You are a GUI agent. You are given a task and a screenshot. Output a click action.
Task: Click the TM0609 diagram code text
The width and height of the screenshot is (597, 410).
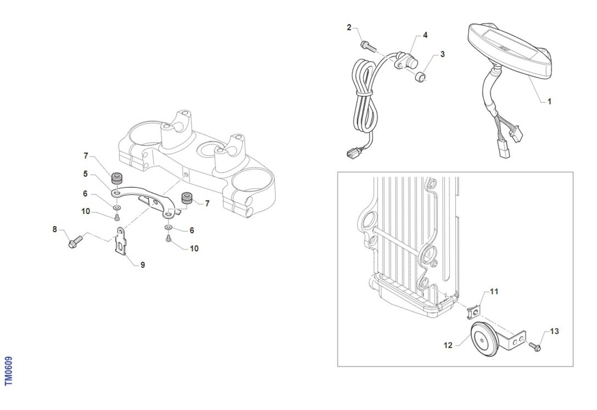tap(8, 371)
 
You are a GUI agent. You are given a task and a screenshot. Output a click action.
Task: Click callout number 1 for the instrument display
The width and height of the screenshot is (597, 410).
tap(549, 101)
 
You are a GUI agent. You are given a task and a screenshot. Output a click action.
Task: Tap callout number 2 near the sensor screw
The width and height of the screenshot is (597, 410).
tap(349, 27)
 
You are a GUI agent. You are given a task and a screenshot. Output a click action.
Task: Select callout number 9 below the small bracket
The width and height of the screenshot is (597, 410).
tap(143, 265)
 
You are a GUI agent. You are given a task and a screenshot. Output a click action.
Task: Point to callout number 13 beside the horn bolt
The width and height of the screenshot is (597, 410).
tap(554, 331)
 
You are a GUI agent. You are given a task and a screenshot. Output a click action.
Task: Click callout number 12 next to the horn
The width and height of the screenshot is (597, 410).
tap(448, 345)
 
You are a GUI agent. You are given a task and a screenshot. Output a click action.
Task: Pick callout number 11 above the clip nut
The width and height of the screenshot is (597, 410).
tap(494, 292)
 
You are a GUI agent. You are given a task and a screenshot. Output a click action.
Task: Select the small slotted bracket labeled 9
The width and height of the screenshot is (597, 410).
tap(121, 241)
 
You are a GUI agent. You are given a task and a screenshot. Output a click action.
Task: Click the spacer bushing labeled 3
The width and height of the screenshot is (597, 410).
tap(420, 77)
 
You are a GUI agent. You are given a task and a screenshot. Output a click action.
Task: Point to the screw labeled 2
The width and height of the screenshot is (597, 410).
tap(368, 46)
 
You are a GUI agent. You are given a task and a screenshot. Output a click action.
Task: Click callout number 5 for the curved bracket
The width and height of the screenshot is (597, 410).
tap(85, 174)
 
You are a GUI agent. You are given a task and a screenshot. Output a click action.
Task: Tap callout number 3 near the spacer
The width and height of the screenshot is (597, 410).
tap(443, 54)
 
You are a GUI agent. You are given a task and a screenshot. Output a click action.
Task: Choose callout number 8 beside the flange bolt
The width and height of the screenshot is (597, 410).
tap(55, 229)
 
